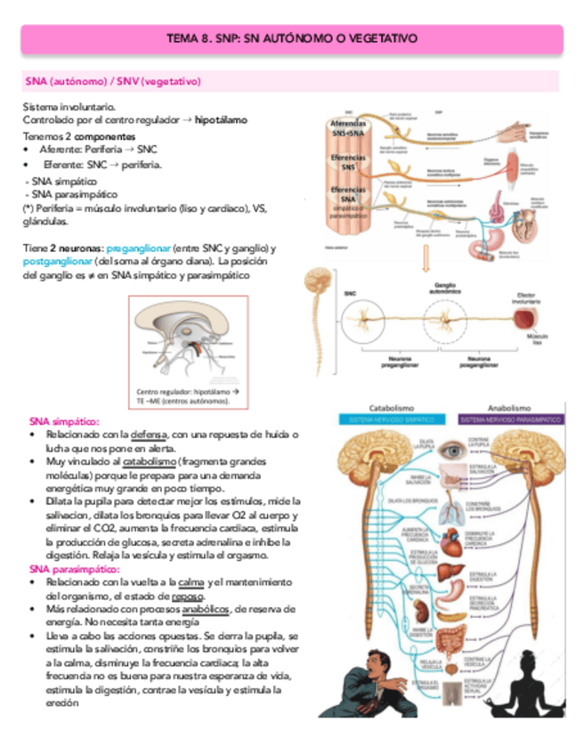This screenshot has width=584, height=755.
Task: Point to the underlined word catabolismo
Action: click(148, 464)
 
